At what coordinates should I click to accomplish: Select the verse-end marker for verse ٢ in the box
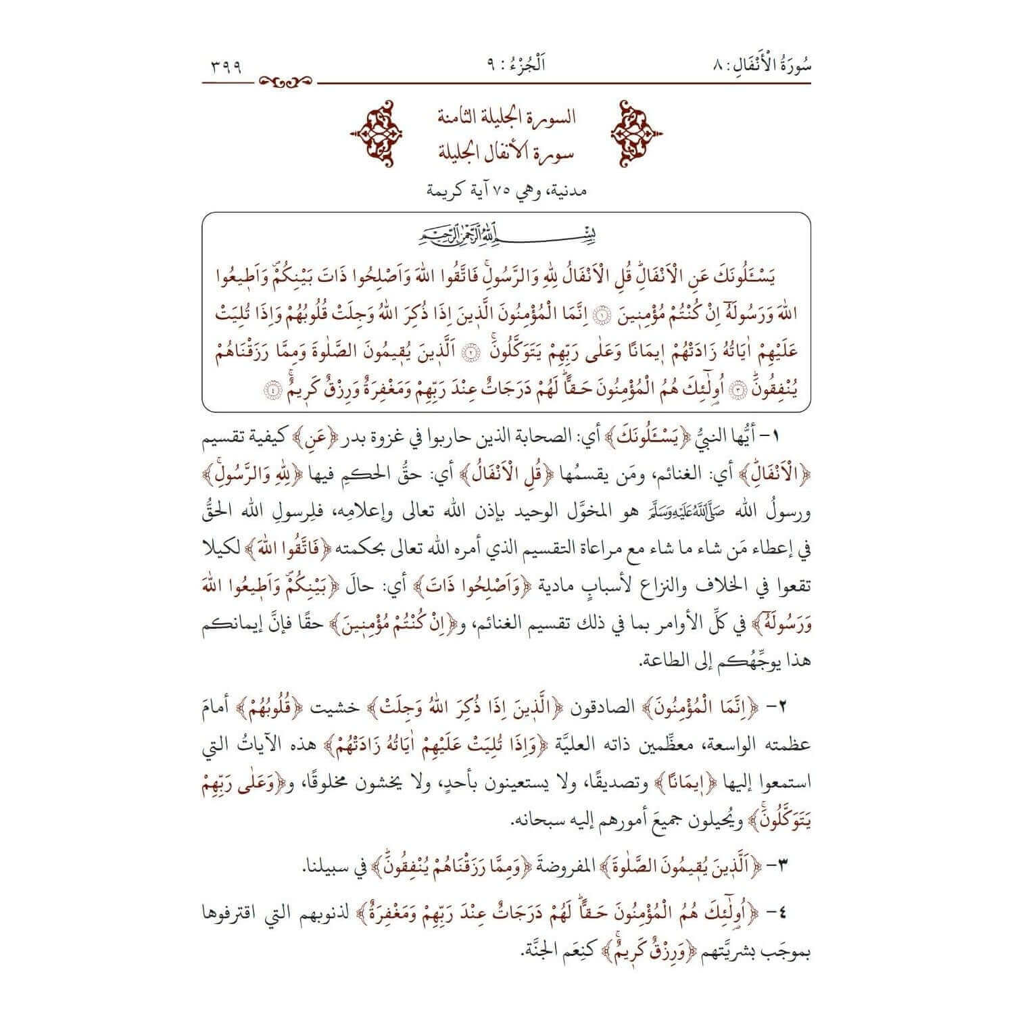pyautogui.click(x=472, y=352)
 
